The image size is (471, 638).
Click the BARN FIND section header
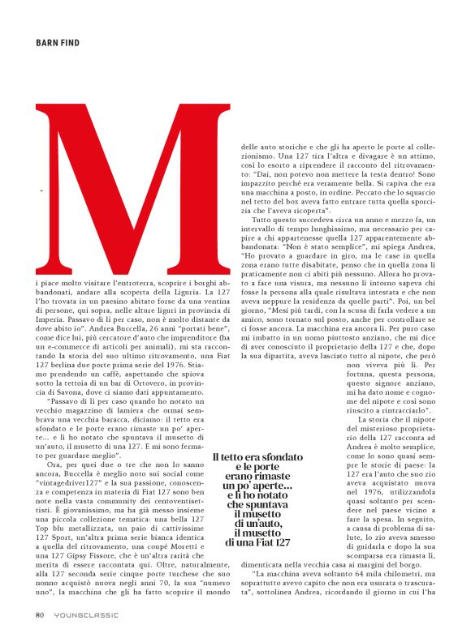click(58, 42)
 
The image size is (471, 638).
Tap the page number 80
click(39, 614)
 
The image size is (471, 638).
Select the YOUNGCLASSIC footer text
click(83, 614)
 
